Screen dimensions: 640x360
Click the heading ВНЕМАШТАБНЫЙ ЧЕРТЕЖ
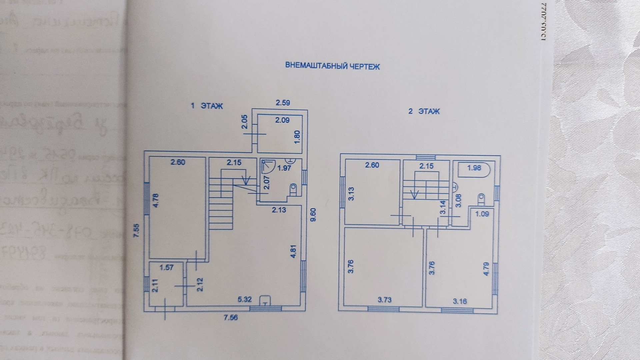332,66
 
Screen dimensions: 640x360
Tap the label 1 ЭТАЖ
206,106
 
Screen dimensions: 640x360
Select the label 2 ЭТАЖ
424,111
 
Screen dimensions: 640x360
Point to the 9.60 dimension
313,215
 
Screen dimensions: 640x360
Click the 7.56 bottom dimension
231,317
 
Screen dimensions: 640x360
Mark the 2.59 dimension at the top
283,103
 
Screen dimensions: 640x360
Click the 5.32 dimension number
244,299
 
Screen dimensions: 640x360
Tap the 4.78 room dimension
157,201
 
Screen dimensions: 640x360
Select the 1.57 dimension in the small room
166,267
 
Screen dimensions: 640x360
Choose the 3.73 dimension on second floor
384,300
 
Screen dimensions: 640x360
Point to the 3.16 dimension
460,301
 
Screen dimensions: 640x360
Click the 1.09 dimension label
482,214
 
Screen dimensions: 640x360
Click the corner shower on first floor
267,165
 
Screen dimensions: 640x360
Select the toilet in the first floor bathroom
293,190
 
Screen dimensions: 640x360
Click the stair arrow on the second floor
415,194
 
